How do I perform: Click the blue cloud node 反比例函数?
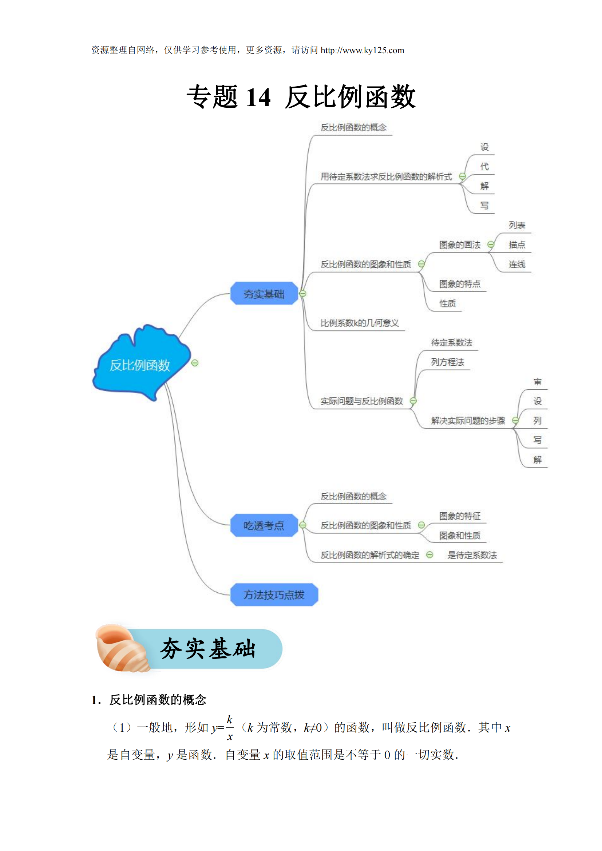tap(140, 365)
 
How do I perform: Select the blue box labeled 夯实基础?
tap(264, 294)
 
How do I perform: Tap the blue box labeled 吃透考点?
tap(264, 525)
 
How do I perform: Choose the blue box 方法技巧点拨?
tap(274, 595)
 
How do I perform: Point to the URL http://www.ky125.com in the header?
tap(362, 51)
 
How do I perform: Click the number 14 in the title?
tap(258, 98)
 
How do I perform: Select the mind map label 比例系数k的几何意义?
tap(360, 323)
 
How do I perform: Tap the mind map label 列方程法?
tap(447, 362)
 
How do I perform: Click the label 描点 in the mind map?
tap(517, 244)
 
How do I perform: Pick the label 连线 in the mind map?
tap(517, 264)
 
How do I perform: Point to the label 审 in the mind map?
tap(537, 382)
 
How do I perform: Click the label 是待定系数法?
tap(472, 555)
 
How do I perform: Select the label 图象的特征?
tap(460, 516)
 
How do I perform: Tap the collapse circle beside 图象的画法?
tap(491, 244)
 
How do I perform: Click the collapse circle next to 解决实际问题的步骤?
tap(515, 420)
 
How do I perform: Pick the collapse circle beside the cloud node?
tap(195, 363)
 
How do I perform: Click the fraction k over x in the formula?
tap(230, 728)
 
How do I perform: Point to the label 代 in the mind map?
tap(484, 166)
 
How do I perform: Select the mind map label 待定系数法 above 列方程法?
tap(451, 342)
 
